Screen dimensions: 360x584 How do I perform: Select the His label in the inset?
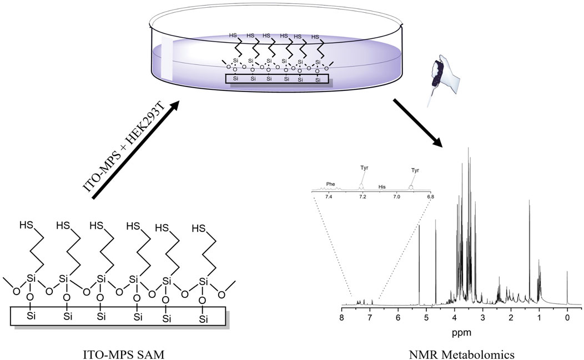[x=382, y=187]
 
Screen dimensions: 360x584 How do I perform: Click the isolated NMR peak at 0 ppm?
[x=567, y=286]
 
